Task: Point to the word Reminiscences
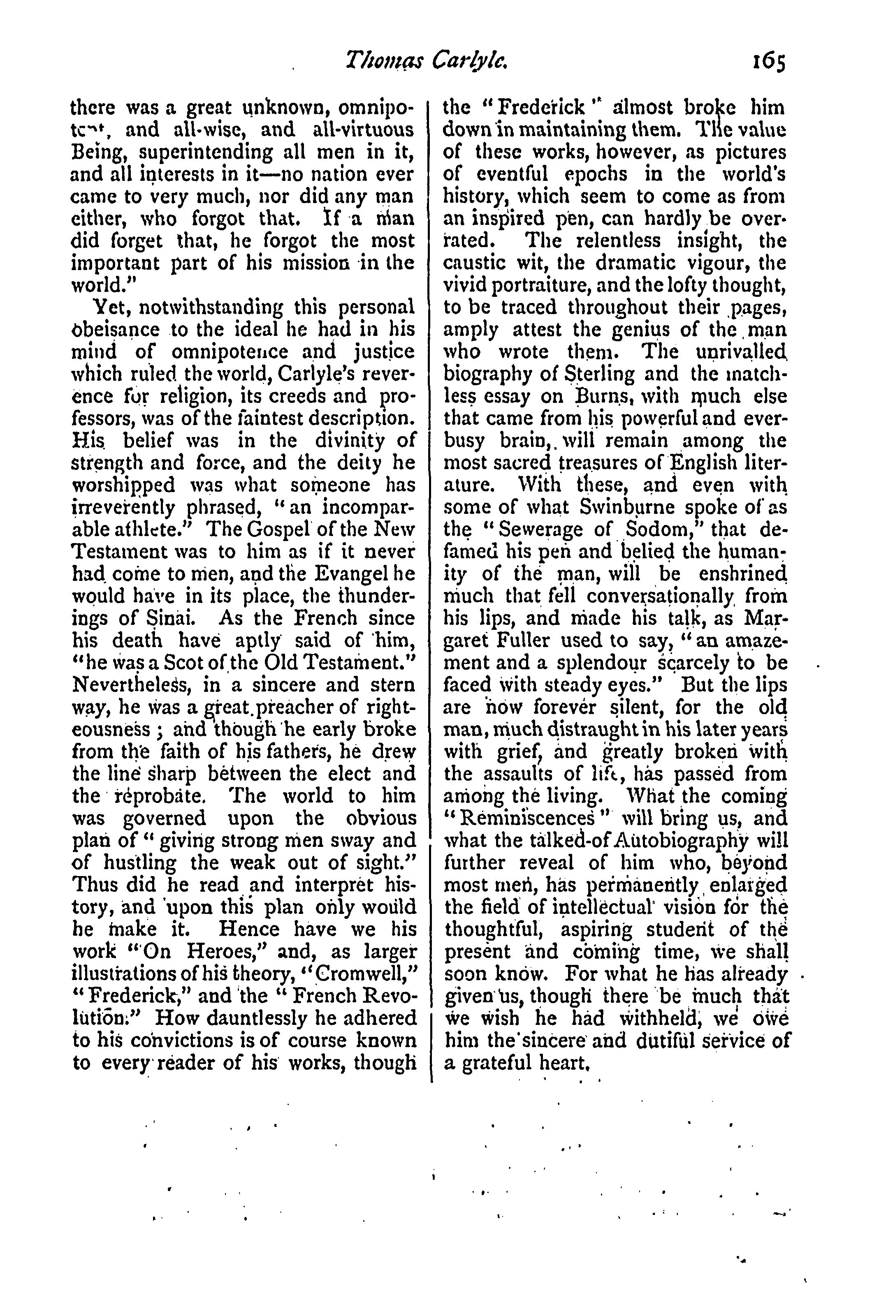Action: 522,819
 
